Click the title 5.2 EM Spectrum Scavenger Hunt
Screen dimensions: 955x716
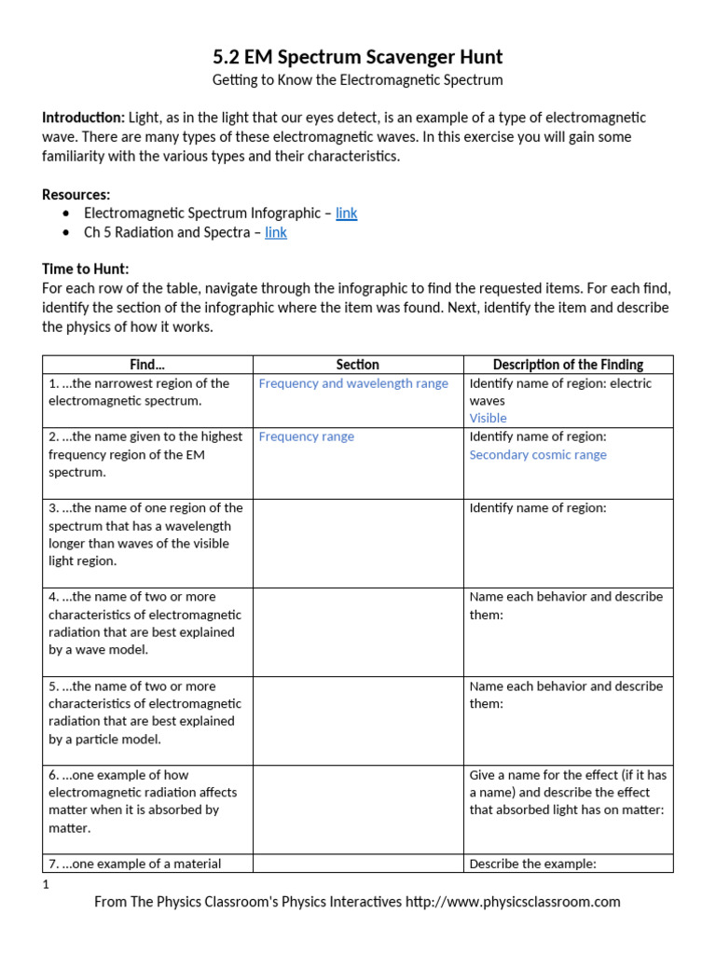(x=358, y=57)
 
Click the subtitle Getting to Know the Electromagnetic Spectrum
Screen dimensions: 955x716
(x=358, y=80)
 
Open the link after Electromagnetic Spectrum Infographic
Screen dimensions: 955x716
(x=346, y=214)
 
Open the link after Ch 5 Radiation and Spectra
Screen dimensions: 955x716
(x=276, y=232)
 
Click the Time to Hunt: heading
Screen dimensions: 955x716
(x=86, y=269)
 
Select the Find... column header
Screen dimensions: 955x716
(x=148, y=365)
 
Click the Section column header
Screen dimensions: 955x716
(x=358, y=365)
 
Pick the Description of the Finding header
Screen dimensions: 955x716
(x=568, y=365)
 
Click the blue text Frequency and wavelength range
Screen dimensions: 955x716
(x=353, y=383)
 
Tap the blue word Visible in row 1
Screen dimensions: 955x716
(x=488, y=419)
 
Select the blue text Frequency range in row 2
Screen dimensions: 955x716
(x=306, y=436)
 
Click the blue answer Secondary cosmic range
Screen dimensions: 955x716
(x=538, y=455)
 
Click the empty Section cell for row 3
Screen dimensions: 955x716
(x=358, y=543)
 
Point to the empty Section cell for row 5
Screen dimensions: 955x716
(x=358, y=721)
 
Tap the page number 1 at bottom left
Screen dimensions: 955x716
(x=46, y=884)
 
